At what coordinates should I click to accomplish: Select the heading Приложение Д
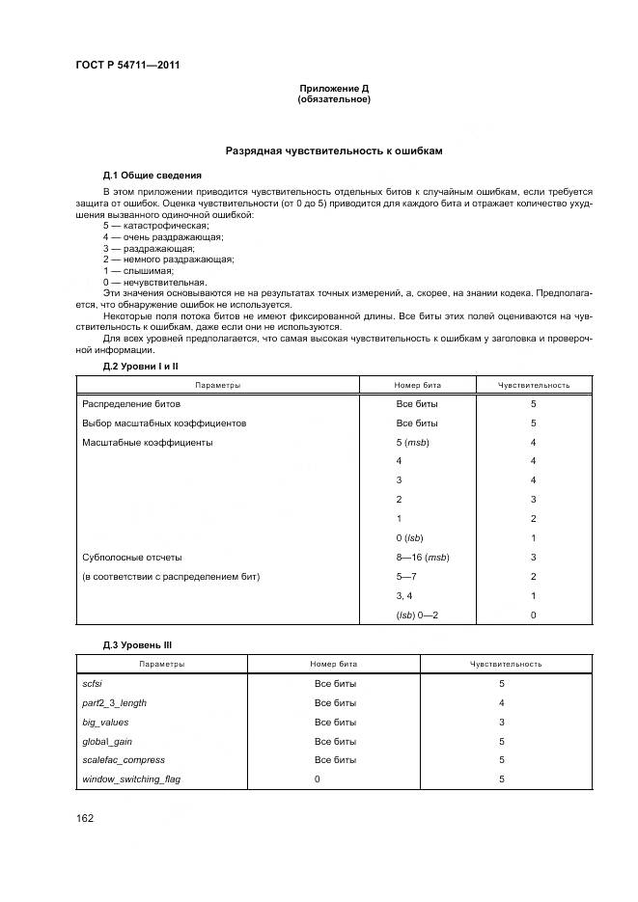pos(334,89)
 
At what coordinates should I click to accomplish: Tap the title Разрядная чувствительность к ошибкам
pos(334,151)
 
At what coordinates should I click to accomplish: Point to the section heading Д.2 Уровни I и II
pos(141,367)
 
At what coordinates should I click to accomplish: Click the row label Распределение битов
pos(131,403)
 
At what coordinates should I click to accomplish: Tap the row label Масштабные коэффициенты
pos(148,442)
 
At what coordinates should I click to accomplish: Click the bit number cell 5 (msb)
pos(412,442)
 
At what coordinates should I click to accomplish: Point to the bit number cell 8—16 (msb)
pos(423,557)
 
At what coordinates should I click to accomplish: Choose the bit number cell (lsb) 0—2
pos(418,615)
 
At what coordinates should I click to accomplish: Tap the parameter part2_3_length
pos(114,702)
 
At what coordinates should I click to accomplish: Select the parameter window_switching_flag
pos(131,779)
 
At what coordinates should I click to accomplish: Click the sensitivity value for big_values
pos(502,722)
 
